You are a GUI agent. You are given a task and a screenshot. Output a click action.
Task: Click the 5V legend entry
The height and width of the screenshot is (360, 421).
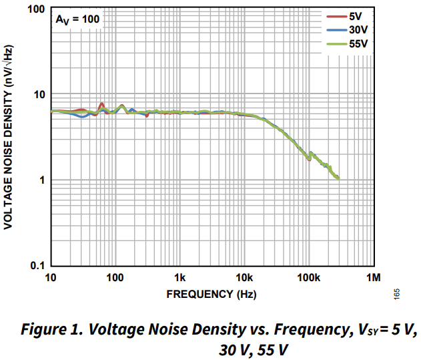[x=355, y=17]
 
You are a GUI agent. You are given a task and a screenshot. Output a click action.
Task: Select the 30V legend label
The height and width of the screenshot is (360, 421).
[x=358, y=30]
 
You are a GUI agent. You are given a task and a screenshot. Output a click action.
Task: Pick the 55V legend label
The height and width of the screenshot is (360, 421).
[x=358, y=44]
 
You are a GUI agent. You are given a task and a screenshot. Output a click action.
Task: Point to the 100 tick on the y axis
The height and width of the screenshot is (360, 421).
[x=35, y=10]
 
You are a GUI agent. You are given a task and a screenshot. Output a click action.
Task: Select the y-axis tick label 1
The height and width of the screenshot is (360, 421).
[x=41, y=180]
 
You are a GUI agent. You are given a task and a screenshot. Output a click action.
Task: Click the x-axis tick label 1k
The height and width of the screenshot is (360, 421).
[x=179, y=277]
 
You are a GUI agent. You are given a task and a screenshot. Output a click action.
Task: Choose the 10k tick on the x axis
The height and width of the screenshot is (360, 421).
[x=244, y=277]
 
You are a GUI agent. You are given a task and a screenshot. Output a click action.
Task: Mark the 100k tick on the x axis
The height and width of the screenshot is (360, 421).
[x=308, y=277]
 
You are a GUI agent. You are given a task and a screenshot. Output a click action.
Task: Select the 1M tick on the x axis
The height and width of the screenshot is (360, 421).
[x=373, y=277]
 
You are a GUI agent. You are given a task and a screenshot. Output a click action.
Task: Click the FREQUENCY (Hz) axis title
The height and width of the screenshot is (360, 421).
[x=211, y=294]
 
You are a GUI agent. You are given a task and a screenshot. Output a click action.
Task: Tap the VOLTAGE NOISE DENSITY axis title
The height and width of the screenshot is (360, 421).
[x=9, y=138]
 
